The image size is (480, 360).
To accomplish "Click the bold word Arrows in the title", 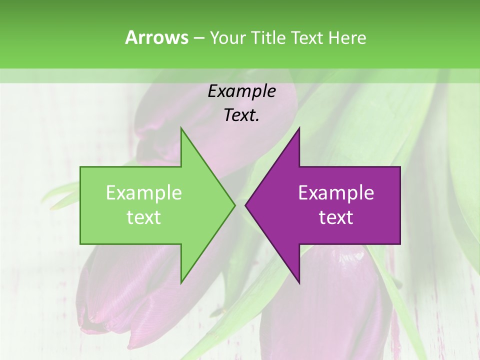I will [x=156, y=37].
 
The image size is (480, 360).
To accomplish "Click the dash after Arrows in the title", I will [x=198, y=38].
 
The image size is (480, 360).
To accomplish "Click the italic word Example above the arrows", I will [x=241, y=91].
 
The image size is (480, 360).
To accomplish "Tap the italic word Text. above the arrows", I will [x=241, y=115].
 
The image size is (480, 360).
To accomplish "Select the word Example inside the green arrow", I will [x=144, y=192].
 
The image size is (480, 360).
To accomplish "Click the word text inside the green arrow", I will [x=144, y=217].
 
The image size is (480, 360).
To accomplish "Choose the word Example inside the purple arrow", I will [x=336, y=192].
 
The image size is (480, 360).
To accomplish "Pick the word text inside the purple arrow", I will [x=336, y=217].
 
